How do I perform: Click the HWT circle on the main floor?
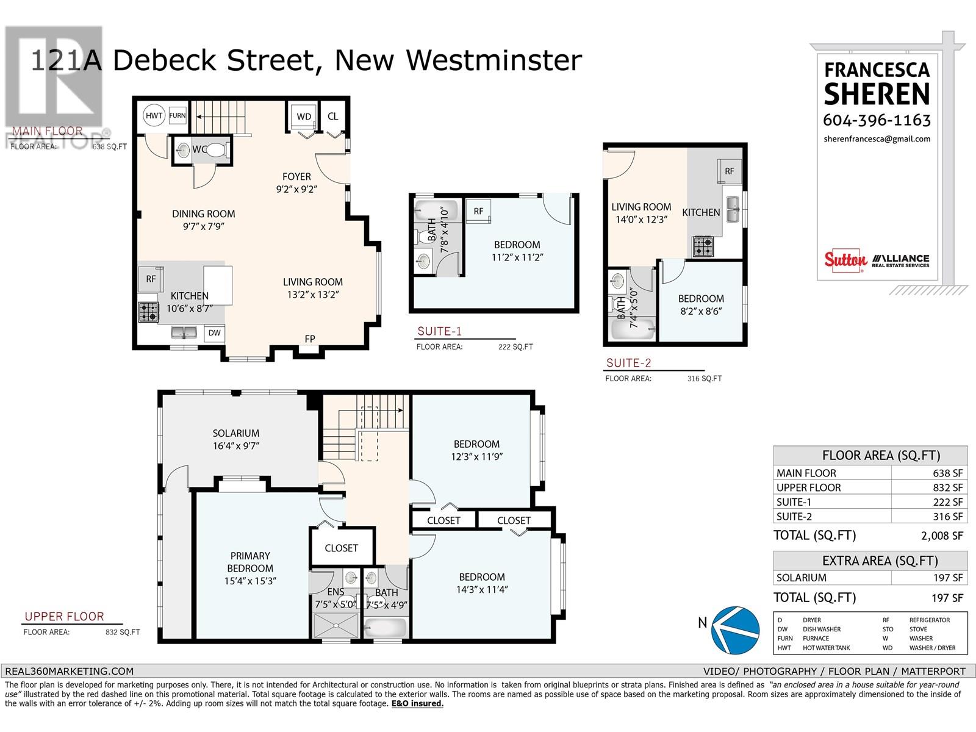[154, 115]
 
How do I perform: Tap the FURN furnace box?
[178, 115]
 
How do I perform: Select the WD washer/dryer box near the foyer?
[304, 117]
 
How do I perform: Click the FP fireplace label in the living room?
[310, 339]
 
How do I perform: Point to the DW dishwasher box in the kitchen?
[214, 333]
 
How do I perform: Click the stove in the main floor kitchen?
[148, 312]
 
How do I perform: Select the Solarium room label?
[236, 433]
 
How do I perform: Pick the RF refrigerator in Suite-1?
[478, 211]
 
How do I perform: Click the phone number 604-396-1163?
[877, 120]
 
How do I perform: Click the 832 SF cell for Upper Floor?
[928, 487]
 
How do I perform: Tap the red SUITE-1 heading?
[439, 331]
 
